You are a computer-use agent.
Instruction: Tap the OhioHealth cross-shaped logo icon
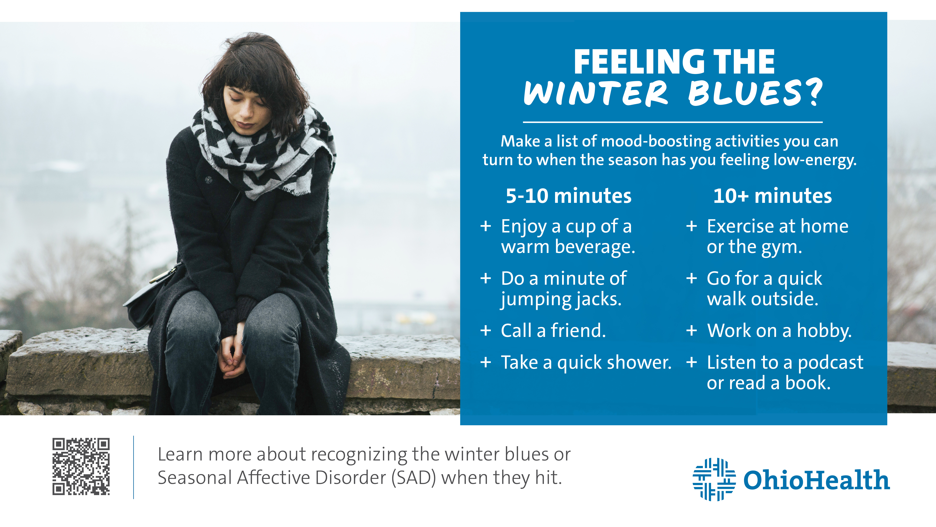pyautogui.click(x=714, y=479)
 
